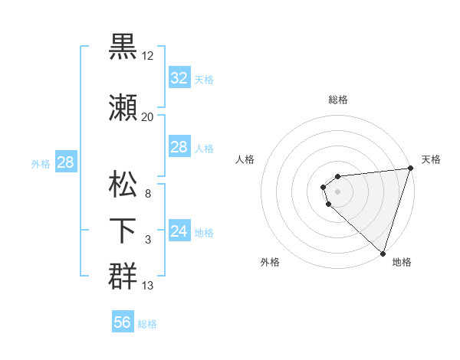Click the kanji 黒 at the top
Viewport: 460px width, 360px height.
tap(123, 45)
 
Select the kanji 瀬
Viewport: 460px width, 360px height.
tap(123, 108)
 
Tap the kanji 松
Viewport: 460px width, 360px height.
tap(123, 186)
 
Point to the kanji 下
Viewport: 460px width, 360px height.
tap(123, 230)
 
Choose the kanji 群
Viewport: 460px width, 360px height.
tap(123, 275)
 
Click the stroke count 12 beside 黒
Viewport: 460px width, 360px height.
tap(148, 56)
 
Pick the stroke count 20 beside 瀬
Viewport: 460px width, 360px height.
tap(147, 117)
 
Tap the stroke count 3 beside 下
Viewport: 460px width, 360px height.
tap(147, 240)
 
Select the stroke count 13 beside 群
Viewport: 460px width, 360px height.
tap(148, 286)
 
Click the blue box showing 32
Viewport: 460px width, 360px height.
tap(179, 77)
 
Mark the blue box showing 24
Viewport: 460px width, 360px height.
tap(179, 231)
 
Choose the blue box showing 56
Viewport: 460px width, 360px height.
tap(123, 322)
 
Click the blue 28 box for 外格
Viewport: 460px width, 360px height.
tap(65, 162)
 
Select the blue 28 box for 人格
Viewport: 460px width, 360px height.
tap(179, 147)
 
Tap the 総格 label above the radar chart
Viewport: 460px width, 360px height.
tap(338, 100)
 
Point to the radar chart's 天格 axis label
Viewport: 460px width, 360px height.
tap(431, 159)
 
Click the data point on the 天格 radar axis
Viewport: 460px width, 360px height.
tap(410, 169)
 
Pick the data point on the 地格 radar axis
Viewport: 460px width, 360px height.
tap(383, 253)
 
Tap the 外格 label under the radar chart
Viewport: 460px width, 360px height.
tap(270, 263)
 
